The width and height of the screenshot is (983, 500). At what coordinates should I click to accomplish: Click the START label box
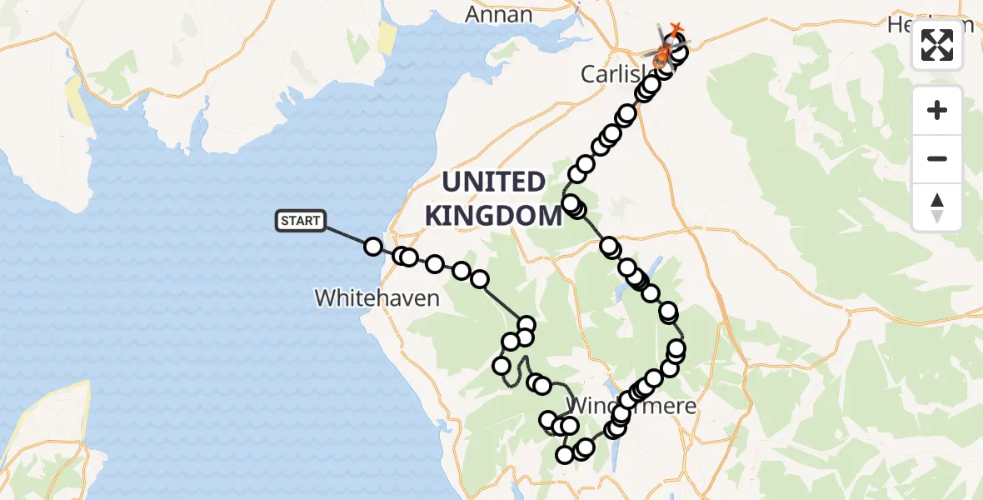[x=300, y=221]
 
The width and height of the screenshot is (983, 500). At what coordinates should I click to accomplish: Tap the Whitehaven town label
[x=377, y=297]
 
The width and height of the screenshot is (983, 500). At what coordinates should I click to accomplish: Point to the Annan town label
[x=499, y=14]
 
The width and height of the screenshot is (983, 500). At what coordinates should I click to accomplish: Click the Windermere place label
[x=631, y=407]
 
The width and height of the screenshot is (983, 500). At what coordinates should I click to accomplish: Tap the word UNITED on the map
[x=493, y=182]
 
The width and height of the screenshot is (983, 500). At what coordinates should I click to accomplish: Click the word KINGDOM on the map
[x=493, y=215]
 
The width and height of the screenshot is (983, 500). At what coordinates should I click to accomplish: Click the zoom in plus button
[x=937, y=111]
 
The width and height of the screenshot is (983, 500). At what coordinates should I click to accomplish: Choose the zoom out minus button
[x=937, y=158]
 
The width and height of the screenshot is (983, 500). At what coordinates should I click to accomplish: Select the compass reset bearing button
[x=937, y=207]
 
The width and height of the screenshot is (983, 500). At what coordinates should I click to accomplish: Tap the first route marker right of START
[x=373, y=246]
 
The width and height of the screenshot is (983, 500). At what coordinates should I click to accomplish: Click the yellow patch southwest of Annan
[x=387, y=37]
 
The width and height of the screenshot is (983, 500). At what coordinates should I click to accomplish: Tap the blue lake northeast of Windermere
[x=655, y=267]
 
